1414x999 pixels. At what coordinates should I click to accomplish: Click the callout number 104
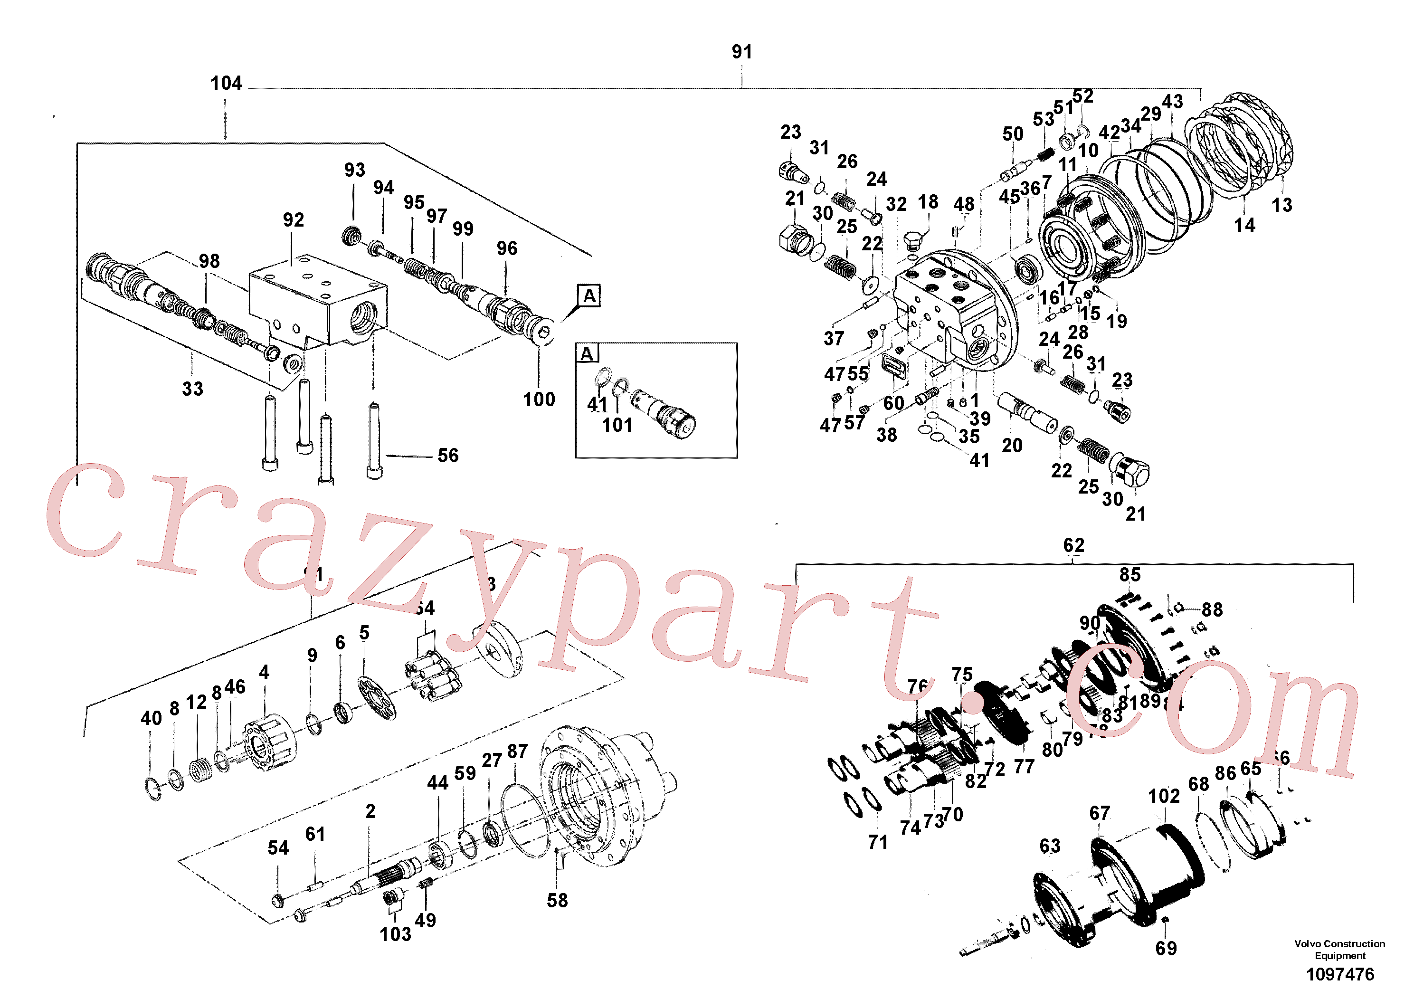[226, 83]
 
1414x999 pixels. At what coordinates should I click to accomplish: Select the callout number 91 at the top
[741, 52]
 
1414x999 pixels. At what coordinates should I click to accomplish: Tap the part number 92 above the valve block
[293, 220]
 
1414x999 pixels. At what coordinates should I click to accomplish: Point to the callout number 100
[539, 400]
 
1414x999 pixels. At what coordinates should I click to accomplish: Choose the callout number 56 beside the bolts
[448, 456]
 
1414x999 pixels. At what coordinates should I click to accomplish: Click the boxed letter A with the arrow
[589, 296]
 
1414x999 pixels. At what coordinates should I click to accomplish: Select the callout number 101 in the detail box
[617, 425]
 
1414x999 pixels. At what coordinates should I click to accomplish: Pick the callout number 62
[1073, 545]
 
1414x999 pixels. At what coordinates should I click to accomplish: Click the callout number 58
[557, 901]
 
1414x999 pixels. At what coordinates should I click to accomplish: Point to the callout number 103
[395, 934]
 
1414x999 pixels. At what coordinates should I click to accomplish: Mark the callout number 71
[878, 842]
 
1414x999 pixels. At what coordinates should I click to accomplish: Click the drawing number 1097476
[1340, 974]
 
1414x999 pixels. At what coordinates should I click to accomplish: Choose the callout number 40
[151, 718]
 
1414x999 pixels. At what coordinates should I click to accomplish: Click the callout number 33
[192, 389]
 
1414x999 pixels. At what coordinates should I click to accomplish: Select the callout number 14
[1244, 225]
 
